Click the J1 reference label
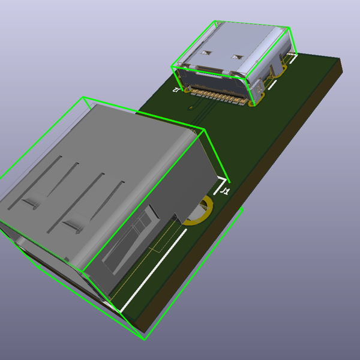tap(225, 191)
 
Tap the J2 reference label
tap(176, 89)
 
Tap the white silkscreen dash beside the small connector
tap(273, 84)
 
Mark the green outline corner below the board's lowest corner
tap(145, 339)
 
